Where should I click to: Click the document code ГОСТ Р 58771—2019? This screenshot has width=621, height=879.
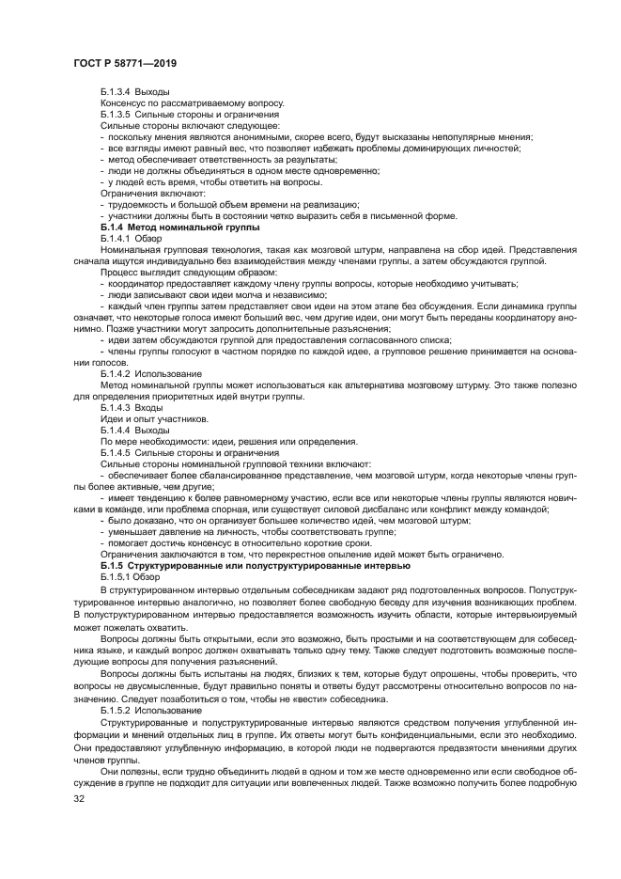point(125,62)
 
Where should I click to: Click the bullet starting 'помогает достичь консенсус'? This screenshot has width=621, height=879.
point(248,542)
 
